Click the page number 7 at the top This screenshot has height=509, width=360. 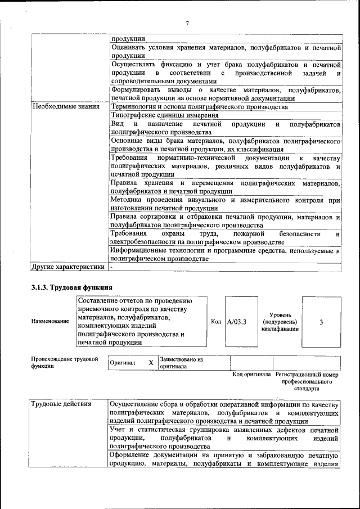pos(187,23)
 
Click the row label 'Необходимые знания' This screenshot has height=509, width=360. pos(65,106)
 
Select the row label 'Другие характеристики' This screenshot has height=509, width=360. pos(68,267)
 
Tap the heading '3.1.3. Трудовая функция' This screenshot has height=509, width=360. pos(72,287)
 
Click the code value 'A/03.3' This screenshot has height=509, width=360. pos(237,322)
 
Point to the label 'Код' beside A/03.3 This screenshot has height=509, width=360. pos(216,322)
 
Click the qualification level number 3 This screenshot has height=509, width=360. pos(321,322)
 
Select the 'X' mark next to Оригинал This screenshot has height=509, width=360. pos(151,363)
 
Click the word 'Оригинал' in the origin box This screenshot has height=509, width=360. pos(123,363)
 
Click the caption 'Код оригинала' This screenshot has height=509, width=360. pos(251,375)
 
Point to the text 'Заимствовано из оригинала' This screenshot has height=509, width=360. pos(181,362)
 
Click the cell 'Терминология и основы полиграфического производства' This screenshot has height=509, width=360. pos(199,106)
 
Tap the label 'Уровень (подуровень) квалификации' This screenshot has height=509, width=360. pos(280,322)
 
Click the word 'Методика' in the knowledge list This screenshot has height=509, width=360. pos(127,200)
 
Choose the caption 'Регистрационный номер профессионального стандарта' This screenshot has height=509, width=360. pos(307,381)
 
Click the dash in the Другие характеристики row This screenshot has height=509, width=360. pos(112,267)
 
